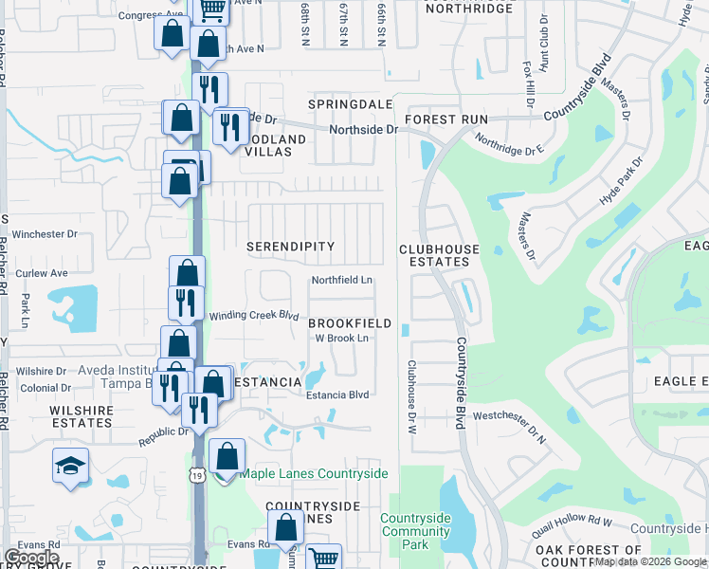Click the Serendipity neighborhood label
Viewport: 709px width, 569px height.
coord(290,247)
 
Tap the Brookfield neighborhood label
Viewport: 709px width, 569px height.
coord(350,323)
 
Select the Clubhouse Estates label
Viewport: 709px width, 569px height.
coord(439,255)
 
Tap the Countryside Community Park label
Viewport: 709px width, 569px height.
coord(416,531)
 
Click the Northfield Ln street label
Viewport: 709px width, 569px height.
coord(342,281)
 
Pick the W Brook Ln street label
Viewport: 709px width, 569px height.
coord(341,339)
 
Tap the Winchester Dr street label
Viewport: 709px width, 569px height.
coord(45,234)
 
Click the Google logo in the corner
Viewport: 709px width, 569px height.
coord(31,558)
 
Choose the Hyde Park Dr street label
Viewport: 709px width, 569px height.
coord(622,183)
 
